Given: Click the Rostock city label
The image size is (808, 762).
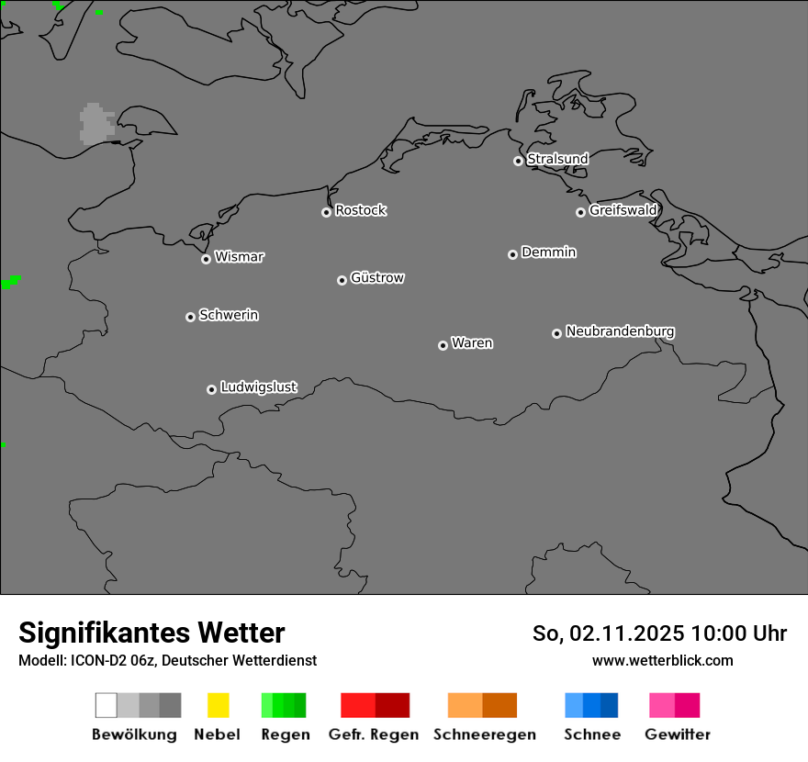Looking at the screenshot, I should click(361, 210).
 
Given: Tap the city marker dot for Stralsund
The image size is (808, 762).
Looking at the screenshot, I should click(518, 161).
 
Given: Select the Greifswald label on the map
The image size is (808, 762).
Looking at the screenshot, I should click(623, 210).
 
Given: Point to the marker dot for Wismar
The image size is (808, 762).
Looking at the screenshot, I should click(206, 259).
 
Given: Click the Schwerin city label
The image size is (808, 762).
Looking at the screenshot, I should click(229, 315).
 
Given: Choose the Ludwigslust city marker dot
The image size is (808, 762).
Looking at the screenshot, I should click(211, 389).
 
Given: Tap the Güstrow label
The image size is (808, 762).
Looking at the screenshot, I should click(377, 277).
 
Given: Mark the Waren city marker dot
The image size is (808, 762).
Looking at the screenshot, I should click(443, 345).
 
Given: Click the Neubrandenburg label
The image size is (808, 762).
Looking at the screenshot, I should click(620, 331).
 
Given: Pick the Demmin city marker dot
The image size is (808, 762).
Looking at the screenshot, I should click(512, 254).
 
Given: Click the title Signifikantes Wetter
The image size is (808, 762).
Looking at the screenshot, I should click(151, 633).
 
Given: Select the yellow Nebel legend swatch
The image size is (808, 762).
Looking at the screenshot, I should click(218, 705).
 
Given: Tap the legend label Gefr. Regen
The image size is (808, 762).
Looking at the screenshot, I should click(374, 734).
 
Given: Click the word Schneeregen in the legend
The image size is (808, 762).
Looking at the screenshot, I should click(484, 734).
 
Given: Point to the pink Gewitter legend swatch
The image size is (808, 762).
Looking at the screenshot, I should click(674, 705).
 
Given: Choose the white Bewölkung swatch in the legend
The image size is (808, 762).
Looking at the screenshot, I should click(107, 705).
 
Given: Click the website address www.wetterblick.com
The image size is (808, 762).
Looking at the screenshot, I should click(662, 660).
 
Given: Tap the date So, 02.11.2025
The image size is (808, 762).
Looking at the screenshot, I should click(608, 633).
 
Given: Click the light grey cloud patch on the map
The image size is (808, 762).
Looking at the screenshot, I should click(95, 124).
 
